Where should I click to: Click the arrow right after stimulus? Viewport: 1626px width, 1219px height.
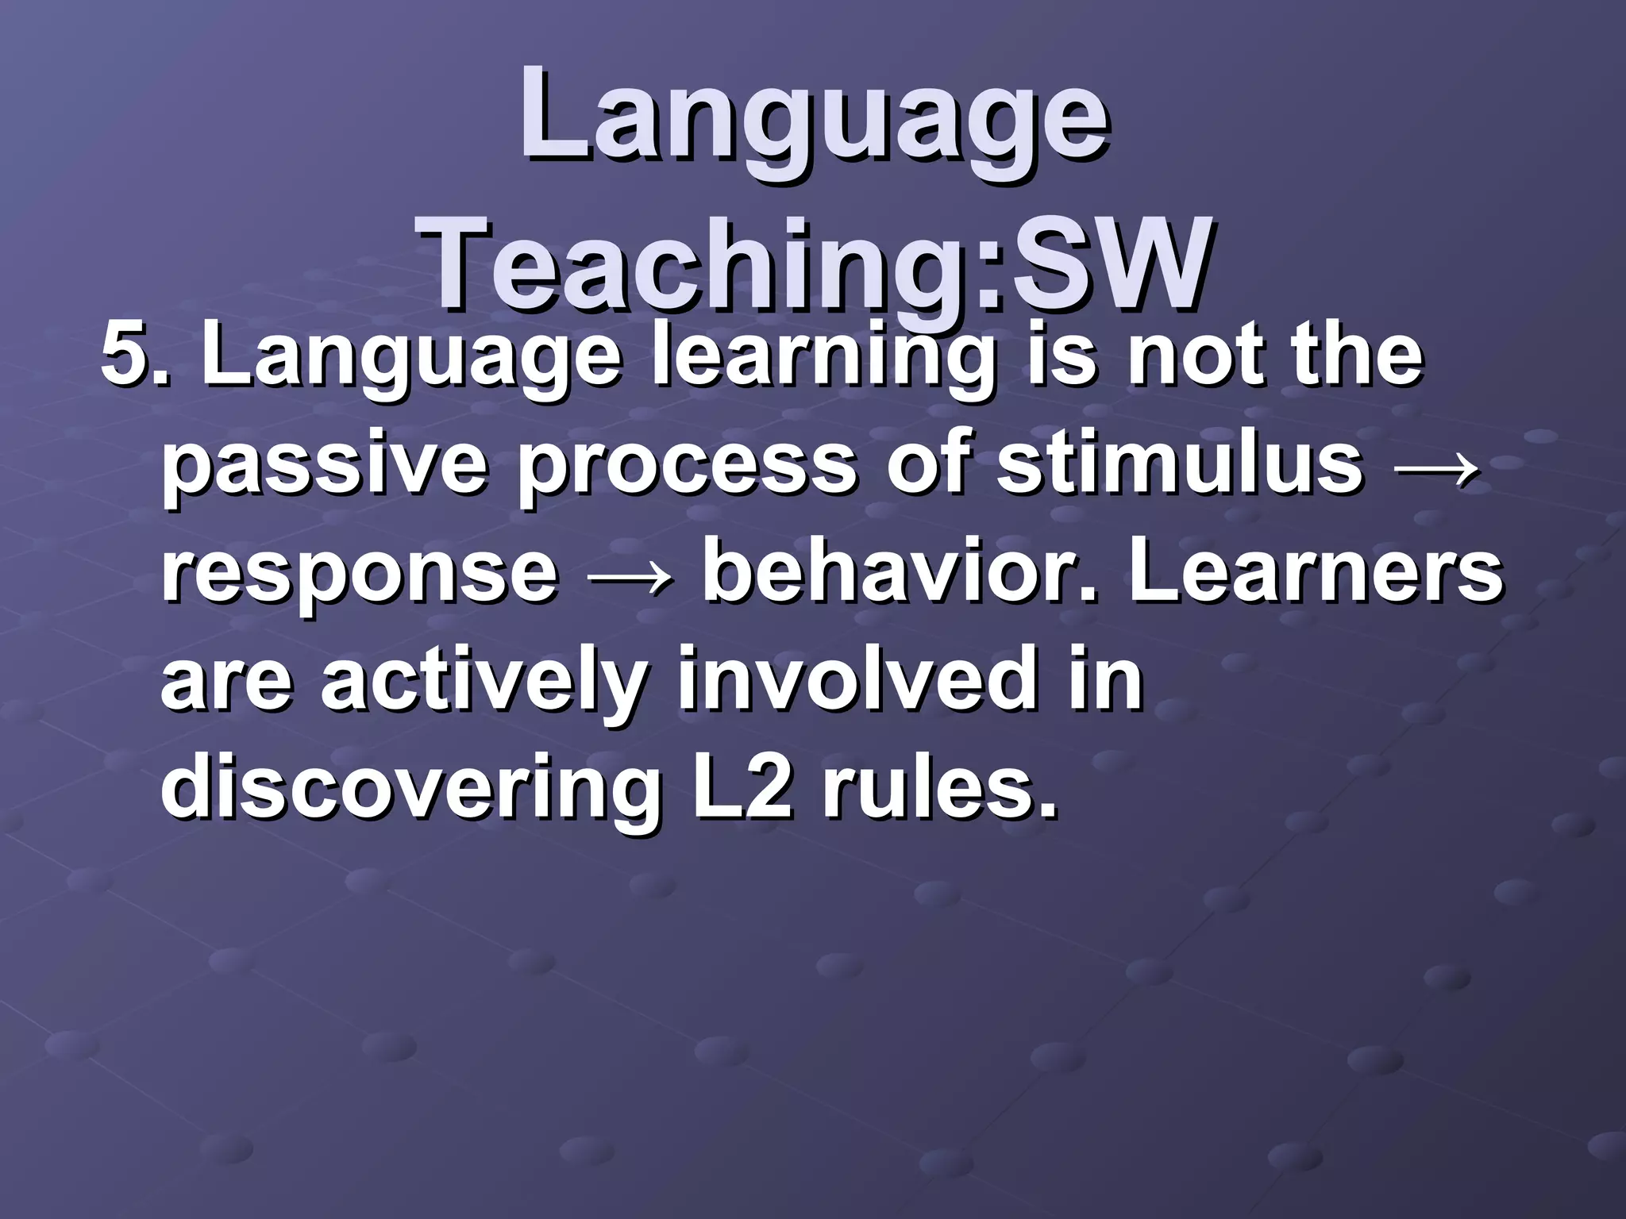click(1435, 464)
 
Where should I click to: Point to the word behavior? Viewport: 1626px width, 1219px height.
click(905, 569)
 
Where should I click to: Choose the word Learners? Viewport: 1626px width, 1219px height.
click(1315, 569)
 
